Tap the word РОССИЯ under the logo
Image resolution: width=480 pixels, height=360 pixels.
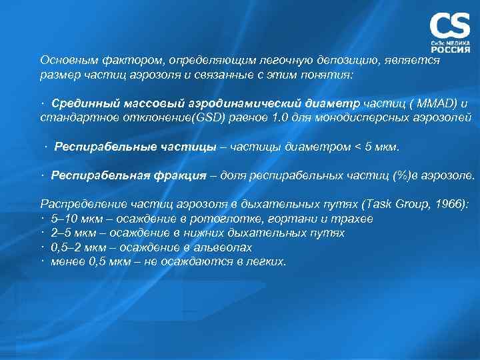pos(450,49)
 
